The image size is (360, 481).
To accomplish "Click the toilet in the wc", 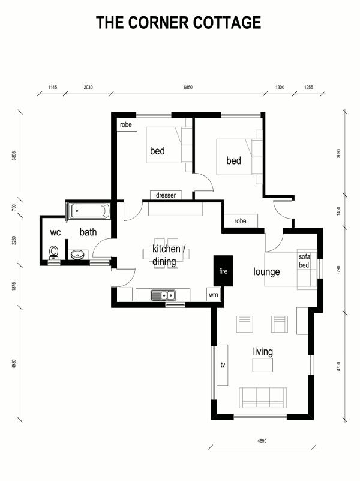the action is point(54,253).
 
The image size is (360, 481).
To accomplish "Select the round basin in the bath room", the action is point(77,255).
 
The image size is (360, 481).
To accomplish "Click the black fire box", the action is point(223,271).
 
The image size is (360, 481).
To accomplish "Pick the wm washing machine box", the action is point(214,295).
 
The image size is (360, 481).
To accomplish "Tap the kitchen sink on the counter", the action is point(163,295).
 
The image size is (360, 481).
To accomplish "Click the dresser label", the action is point(166,195).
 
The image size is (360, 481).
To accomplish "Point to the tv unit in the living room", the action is point(223,365).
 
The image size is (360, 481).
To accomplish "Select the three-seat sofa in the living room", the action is point(263,398).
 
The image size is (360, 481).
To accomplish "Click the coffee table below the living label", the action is point(263,365).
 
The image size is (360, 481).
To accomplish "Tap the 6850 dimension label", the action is point(188,88).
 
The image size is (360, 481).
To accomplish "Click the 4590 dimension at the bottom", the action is point(262,441).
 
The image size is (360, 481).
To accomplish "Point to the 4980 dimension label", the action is point(14,364).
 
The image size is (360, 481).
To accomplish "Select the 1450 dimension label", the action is point(338,211).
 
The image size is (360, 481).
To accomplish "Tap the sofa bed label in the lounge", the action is point(304,261).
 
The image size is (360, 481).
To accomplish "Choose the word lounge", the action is point(266,272).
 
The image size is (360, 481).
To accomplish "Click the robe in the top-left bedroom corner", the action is point(126,124).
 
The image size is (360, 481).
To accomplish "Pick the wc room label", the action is point(55,232).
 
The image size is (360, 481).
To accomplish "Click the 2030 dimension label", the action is point(88,88).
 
